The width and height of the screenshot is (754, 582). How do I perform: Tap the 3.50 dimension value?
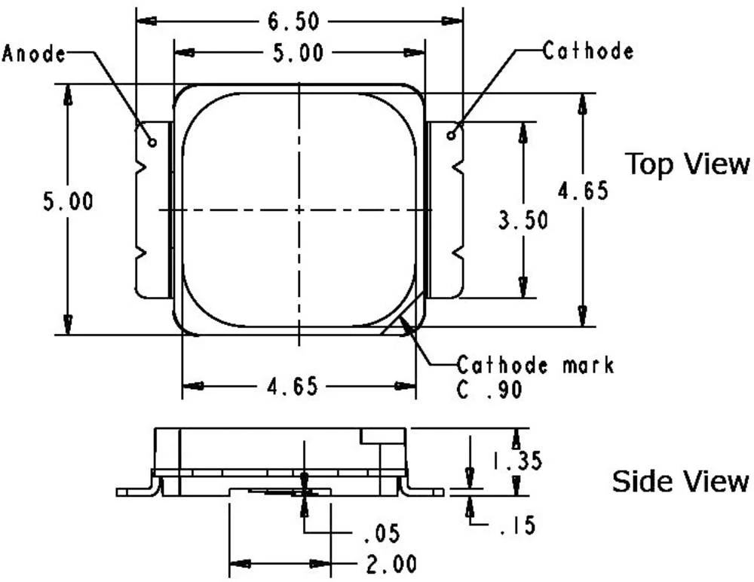523,220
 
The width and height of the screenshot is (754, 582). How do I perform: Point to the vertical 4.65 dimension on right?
582,191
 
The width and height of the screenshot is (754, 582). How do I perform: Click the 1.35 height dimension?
518,461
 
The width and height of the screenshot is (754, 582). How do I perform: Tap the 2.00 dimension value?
388,563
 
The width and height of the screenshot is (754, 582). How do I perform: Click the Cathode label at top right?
588,51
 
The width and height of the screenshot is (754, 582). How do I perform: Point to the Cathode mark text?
535,366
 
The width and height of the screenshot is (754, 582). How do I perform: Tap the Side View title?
680,481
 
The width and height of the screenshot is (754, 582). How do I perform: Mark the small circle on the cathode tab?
451,135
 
